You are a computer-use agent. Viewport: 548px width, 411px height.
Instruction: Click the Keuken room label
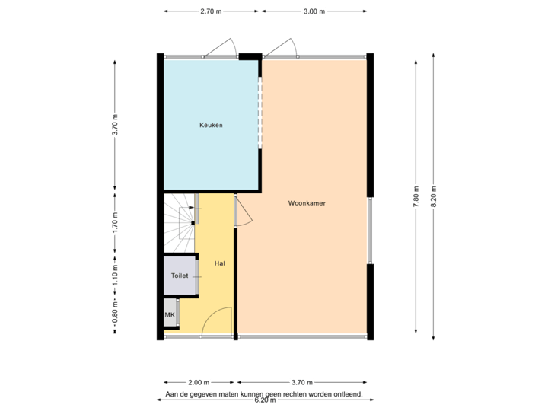coord(211,125)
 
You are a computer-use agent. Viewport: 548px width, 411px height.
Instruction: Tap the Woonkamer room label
coord(307,203)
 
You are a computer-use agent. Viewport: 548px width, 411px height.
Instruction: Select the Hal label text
coord(219,263)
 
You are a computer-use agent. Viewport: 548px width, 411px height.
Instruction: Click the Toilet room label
coord(179,276)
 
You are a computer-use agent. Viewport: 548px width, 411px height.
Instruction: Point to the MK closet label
coord(169,313)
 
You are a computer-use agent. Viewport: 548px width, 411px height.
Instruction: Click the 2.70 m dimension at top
coord(211,11)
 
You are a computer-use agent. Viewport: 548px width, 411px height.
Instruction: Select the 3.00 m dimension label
coord(314,11)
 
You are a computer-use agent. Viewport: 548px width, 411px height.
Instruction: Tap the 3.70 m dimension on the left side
coord(115,124)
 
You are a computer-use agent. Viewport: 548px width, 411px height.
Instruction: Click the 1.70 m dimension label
coord(115,222)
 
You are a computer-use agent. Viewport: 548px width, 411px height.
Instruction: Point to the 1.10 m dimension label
coord(115,272)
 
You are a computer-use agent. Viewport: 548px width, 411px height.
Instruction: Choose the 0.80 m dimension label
coord(115,314)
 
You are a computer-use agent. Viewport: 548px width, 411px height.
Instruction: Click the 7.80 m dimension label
coord(416,197)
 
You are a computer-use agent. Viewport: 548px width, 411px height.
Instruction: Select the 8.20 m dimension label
coord(433,197)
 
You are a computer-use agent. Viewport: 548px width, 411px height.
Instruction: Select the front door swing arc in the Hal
coord(218,320)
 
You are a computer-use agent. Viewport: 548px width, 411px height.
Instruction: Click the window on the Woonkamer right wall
coord(371,231)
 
